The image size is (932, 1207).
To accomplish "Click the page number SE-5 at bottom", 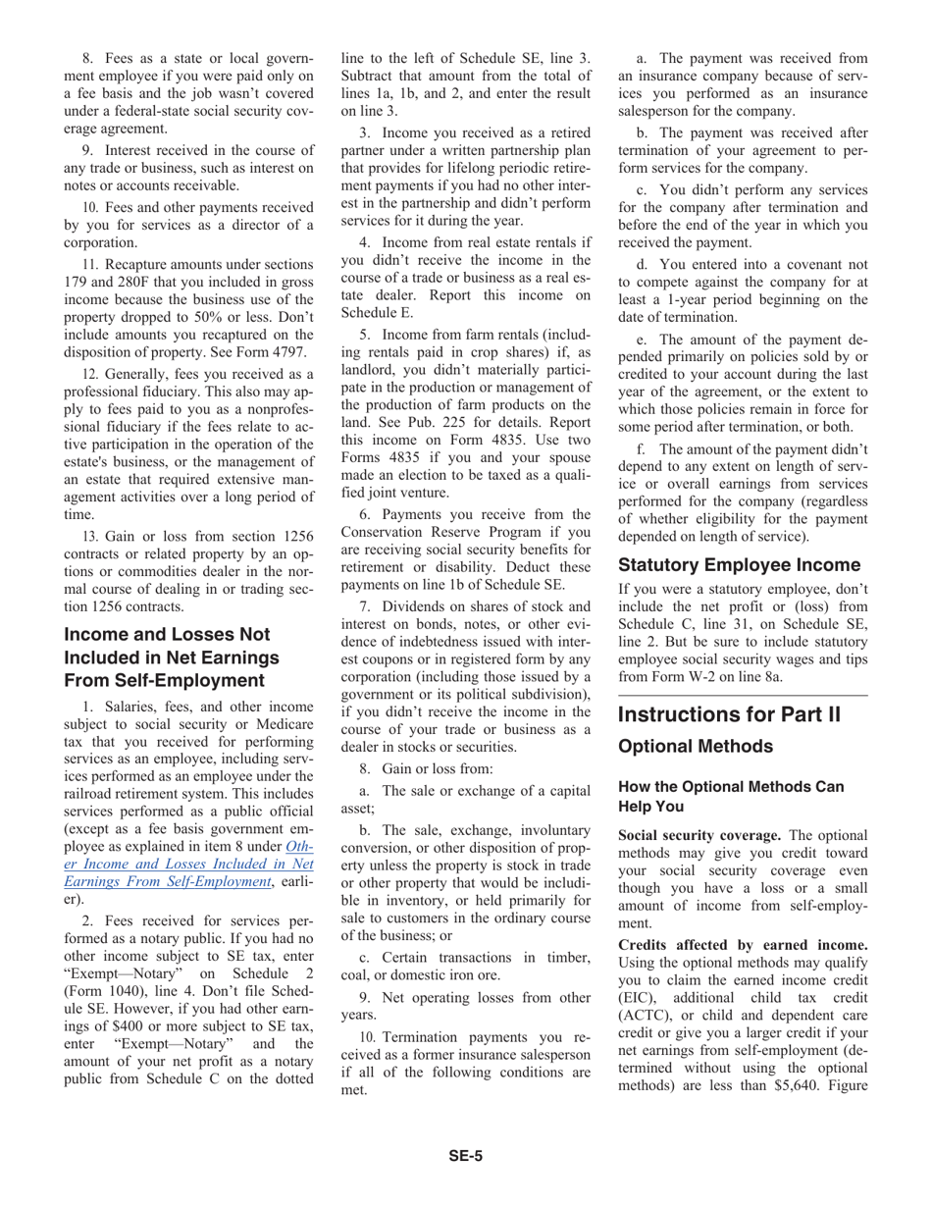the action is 465,1156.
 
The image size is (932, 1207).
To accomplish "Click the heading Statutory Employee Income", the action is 739,565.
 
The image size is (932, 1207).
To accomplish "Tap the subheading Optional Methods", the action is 695,747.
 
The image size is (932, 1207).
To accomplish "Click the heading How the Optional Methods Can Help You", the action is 730,796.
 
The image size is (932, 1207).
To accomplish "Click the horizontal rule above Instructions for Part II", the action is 743,695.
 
